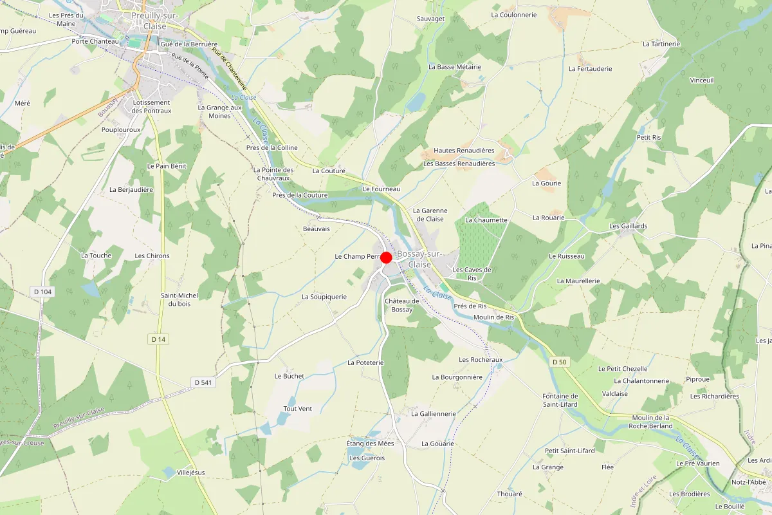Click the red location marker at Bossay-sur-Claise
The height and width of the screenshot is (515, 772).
pyautogui.click(x=387, y=257)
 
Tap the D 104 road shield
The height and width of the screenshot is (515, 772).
pyautogui.click(x=42, y=292)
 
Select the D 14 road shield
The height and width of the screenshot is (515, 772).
pyautogui.click(x=158, y=339)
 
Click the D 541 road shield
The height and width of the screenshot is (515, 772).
pyautogui.click(x=203, y=382)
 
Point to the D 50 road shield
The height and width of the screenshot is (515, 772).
pyautogui.click(x=560, y=362)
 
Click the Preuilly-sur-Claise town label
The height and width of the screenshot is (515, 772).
pyautogui.click(x=149, y=21)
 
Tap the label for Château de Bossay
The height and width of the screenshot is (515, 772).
pyautogui.click(x=402, y=305)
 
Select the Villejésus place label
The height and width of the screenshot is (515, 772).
pyautogui.click(x=190, y=473)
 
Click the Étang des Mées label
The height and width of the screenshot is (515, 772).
pyautogui.click(x=370, y=444)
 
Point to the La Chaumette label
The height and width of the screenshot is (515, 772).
pyautogui.click(x=486, y=220)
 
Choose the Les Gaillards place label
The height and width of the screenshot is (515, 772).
pyautogui.click(x=629, y=226)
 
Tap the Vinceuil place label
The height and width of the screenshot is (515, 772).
pyautogui.click(x=702, y=80)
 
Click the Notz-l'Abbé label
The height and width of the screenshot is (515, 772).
pyautogui.click(x=748, y=482)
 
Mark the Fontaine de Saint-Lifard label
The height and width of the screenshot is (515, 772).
pyautogui.click(x=560, y=400)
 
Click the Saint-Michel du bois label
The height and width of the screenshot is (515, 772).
pyautogui.click(x=179, y=299)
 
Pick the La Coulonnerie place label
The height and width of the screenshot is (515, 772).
pyautogui.click(x=513, y=14)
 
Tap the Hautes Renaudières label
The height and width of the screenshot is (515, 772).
pyautogui.click(x=464, y=151)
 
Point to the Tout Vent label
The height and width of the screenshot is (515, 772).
pyautogui.click(x=298, y=409)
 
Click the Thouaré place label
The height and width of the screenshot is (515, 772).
pyautogui.click(x=510, y=494)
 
